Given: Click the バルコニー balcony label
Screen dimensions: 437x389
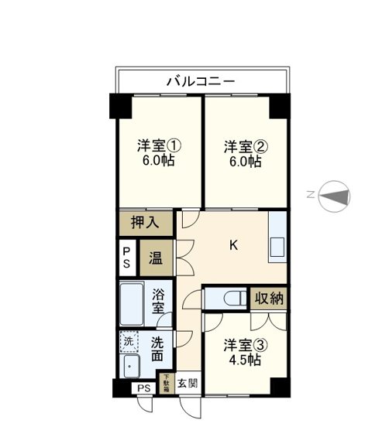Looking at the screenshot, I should click(x=201, y=80).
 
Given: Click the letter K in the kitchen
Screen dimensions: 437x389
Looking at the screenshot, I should click(x=232, y=246).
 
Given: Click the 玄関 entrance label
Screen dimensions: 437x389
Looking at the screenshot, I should click(x=188, y=383).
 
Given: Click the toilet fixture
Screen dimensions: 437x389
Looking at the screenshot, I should click(x=229, y=298).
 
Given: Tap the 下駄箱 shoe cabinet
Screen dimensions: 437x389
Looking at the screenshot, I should click(x=165, y=382).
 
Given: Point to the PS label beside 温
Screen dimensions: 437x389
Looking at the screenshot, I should click(x=128, y=257).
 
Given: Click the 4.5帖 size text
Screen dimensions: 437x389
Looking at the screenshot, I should click(x=243, y=360).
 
